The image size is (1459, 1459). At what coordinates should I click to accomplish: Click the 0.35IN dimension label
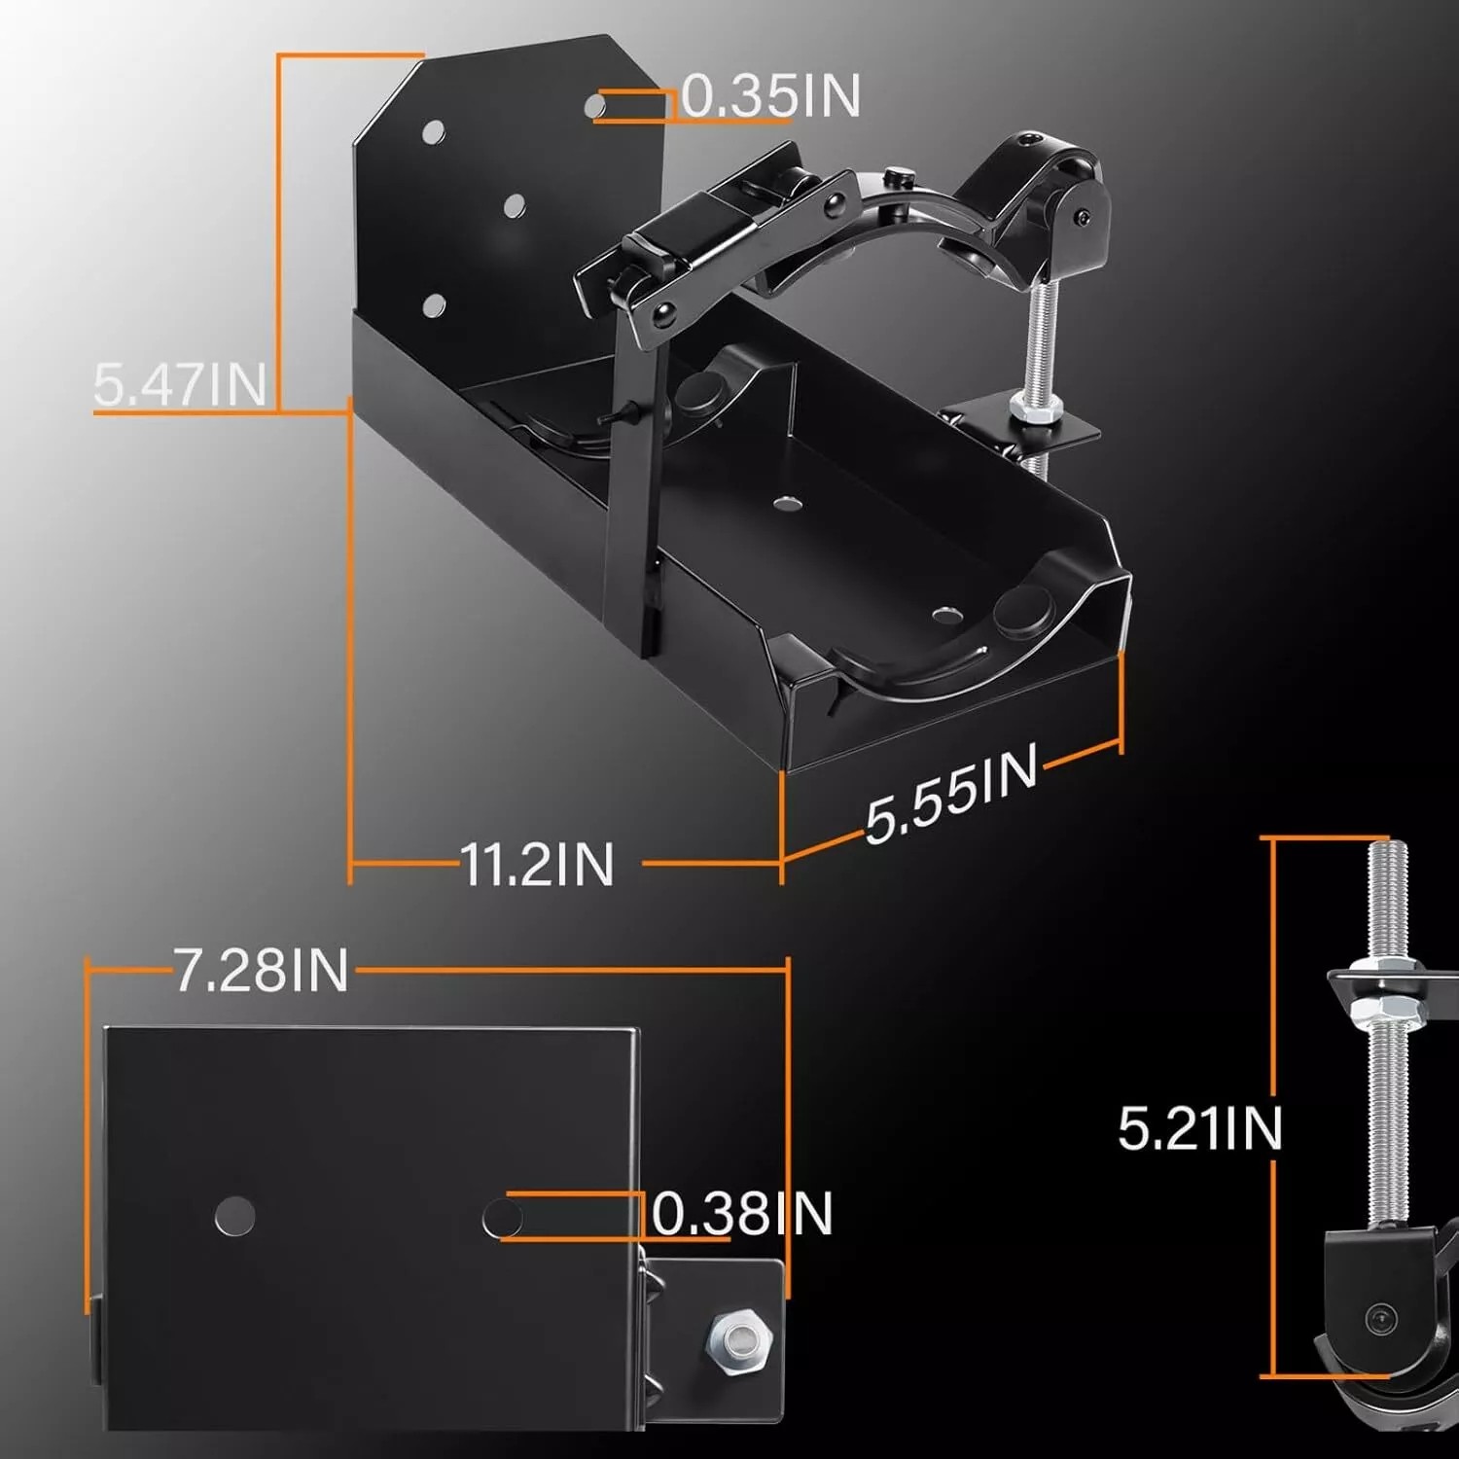(770, 97)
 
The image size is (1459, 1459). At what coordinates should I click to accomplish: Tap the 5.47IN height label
(180, 383)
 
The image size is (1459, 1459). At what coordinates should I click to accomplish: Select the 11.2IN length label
(537, 864)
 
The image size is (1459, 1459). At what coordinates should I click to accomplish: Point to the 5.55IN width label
(950, 794)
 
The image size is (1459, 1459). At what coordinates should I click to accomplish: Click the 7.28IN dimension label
(261, 970)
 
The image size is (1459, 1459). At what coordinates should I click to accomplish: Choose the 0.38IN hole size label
(742, 1214)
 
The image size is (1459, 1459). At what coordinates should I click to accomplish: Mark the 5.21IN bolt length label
(1200, 1128)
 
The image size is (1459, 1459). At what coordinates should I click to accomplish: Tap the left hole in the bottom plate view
(234, 1217)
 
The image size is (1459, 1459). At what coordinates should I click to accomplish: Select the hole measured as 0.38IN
(502, 1217)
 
